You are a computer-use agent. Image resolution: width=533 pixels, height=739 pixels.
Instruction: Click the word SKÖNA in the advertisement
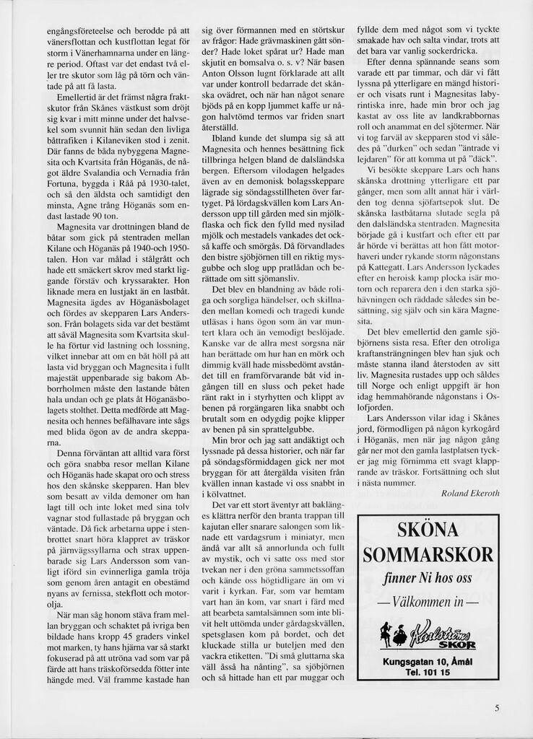[x=428, y=530]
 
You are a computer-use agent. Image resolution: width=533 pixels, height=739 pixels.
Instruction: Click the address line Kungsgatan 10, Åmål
[x=428, y=662]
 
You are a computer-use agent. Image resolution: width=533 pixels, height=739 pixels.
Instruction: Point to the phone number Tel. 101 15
[x=428, y=673]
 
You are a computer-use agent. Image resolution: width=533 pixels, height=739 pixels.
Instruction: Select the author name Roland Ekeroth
[x=469, y=492]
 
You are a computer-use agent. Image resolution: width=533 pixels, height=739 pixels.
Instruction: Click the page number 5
[x=497, y=708]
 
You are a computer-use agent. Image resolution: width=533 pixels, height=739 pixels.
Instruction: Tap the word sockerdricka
[x=435, y=51]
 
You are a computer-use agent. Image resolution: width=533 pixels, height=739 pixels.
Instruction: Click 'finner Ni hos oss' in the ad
[x=428, y=579]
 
